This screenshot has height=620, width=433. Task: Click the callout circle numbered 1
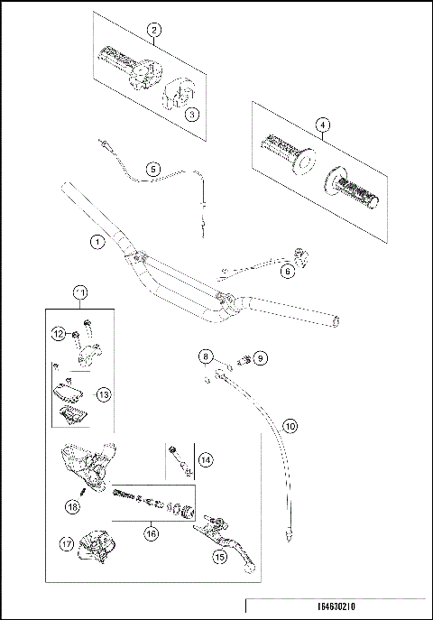point(97,242)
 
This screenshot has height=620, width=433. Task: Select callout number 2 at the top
point(155,31)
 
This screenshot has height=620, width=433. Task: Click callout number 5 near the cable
point(153,169)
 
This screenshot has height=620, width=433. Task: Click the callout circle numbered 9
point(261,358)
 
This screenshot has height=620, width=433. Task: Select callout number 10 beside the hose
point(289,425)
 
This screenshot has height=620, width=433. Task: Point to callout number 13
point(103,394)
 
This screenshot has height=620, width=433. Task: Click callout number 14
point(206,460)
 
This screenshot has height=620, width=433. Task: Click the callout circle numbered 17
point(66,543)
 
